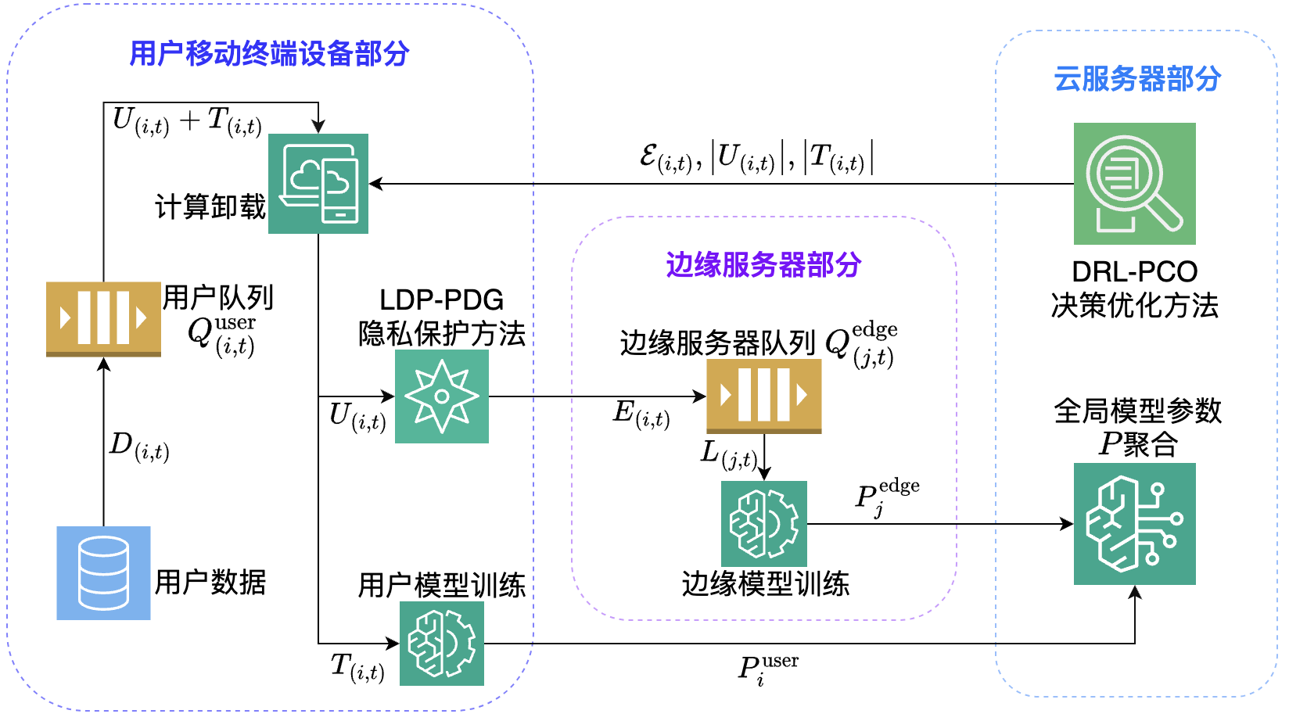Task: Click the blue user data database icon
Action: click(x=103, y=573)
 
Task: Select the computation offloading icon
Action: click(x=318, y=184)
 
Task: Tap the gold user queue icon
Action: click(x=103, y=318)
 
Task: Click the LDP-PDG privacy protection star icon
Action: click(x=442, y=396)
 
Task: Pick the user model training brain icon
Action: click(x=442, y=644)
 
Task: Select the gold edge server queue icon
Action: click(x=764, y=396)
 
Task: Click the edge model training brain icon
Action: click(x=764, y=523)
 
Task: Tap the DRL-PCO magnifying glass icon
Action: click(x=1134, y=184)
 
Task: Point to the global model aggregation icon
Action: click(x=1134, y=524)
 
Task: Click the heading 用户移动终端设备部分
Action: click(x=269, y=54)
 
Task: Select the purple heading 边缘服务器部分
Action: click(x=763, y=265)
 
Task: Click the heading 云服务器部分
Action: click(x=1137, y=79)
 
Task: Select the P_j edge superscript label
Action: click(x=887, y=497)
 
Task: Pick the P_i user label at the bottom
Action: click(x=768, y=669)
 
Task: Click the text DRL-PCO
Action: click(x=1134, y=272)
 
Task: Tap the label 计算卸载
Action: click(x=210, y=206)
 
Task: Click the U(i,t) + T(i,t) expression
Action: click(x=187, y=122)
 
